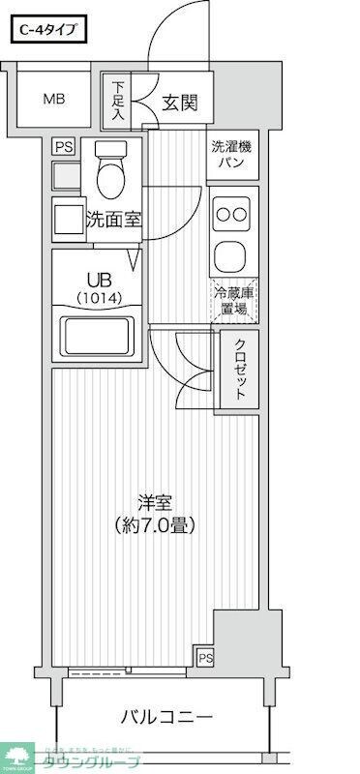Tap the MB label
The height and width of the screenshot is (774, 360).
pos(52,99)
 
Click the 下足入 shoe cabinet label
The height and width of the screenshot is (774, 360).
pos(117,101)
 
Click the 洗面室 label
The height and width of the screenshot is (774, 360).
pos(113,220)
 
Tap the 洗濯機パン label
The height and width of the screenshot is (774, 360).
pos(232,155)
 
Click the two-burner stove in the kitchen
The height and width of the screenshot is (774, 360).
pos(232,214)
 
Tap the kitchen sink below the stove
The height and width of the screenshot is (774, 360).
pos(232,255)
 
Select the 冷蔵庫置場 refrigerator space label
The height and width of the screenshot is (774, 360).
pos(232,301)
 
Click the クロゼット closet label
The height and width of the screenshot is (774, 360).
pos(238,371)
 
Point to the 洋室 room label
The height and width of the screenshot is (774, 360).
pos(155,503)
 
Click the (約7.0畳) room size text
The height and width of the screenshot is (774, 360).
pos(155,527)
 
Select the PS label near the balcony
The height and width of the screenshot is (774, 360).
pos(205,658)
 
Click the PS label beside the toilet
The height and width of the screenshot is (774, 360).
pos(64,147)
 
